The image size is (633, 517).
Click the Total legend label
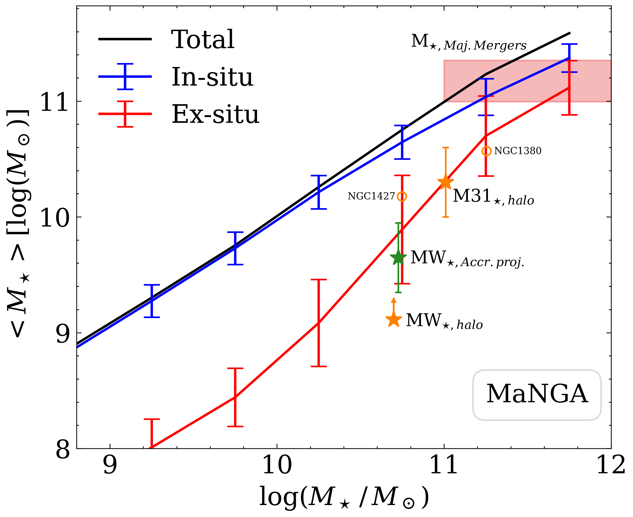click(x=203, y=39)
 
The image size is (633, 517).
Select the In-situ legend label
click(x=212, y=77)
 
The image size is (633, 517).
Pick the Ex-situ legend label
click(x=215, y=114)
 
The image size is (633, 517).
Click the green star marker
click(x=398, y=258)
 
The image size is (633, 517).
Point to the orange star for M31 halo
click(x=445, y=182)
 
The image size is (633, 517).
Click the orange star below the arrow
click(x=394, y=319)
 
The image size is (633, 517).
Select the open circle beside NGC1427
click(x=402, y=197)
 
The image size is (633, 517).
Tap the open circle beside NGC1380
click(x=486, y=151)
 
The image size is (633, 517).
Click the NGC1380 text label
click(x=518, y=151)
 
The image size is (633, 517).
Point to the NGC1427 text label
click(x=371, y=196)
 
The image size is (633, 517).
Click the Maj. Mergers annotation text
click(x=469, y=42)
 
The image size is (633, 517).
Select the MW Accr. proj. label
click(x=467, y=258)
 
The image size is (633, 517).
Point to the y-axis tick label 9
click(x=63, y=333)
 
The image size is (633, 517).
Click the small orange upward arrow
click(x=394, y=304)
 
